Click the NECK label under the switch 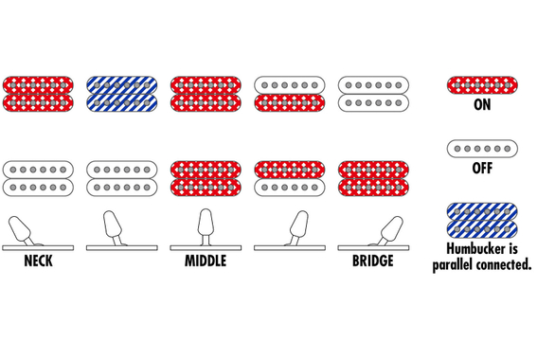38,261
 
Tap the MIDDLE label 206,261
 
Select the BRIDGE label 373,261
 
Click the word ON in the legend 482,105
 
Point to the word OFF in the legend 482,169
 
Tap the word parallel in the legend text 453,264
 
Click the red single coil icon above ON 482,85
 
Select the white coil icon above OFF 482,149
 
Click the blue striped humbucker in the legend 482,221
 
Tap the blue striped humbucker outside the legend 122,94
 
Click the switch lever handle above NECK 18,227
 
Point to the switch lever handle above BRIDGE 392,227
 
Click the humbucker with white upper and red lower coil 290,94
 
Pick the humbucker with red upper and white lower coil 290,178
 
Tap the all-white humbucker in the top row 373,94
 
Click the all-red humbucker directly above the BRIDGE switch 373,178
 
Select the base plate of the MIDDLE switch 206,248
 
